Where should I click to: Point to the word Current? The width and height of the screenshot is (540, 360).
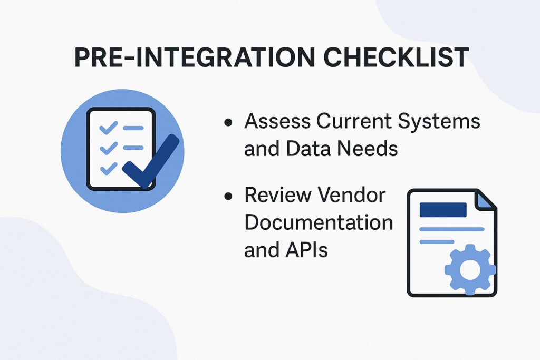pyautogui.click(x=352, y=122)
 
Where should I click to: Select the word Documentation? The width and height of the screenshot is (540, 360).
pyautogui.click(x=319, y=222)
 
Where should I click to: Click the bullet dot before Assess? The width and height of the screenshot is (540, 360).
pyautogui.click(x=228, y=123)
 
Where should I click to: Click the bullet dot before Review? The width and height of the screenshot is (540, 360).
pyautogui.click(x=228, y=197)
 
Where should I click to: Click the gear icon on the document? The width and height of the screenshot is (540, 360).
pyautogui.click(x=470, y=269)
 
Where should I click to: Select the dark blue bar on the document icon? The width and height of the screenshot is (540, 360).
pyautogui.click(x=443, y=210)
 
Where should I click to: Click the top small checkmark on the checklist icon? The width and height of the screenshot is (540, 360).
pyautogui.click(x=108, y=128)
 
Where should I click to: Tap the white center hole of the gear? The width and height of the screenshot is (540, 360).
pyautogui.click(x=470, y=269)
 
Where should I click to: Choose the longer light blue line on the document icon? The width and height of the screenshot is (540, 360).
pyautogui.click(x=451, y=229)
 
